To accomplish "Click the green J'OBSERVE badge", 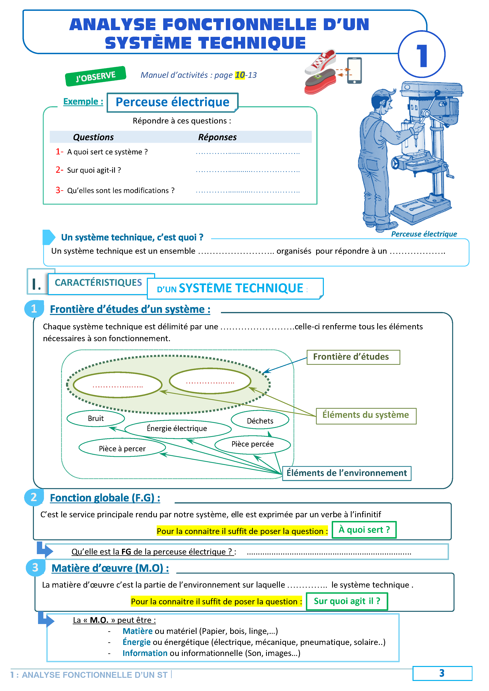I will point(95,76).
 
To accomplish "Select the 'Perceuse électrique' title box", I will point(172,102).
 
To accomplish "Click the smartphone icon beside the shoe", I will point(354,71).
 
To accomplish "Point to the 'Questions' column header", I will point(93,137).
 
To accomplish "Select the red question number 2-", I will point(59,170).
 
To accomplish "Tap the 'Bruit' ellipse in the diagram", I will point(96,418).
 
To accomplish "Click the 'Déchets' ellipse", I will point(260,421).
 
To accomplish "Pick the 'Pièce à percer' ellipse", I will point(122,449).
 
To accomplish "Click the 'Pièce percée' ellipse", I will point(253,444).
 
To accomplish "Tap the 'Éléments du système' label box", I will point(366,415).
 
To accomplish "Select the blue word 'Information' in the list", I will point(145,653).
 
